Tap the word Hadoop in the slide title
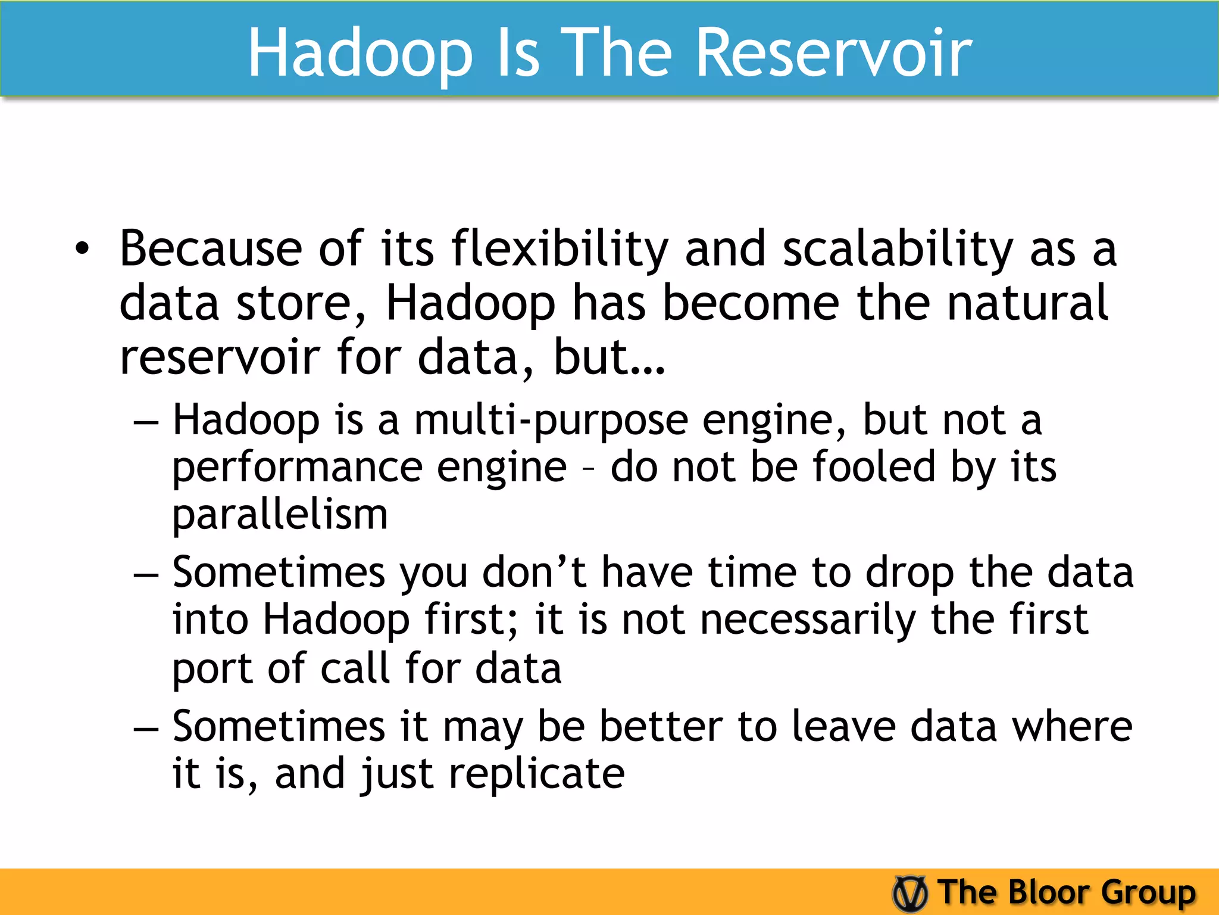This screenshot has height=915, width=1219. click(x=360, y=55)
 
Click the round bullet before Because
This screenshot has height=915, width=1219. click(x=82, y=250)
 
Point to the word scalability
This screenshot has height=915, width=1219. click(x=898, y=250)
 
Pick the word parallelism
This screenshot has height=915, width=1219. click(x=280, y=515)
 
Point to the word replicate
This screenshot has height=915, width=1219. click(x=536, y=774)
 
